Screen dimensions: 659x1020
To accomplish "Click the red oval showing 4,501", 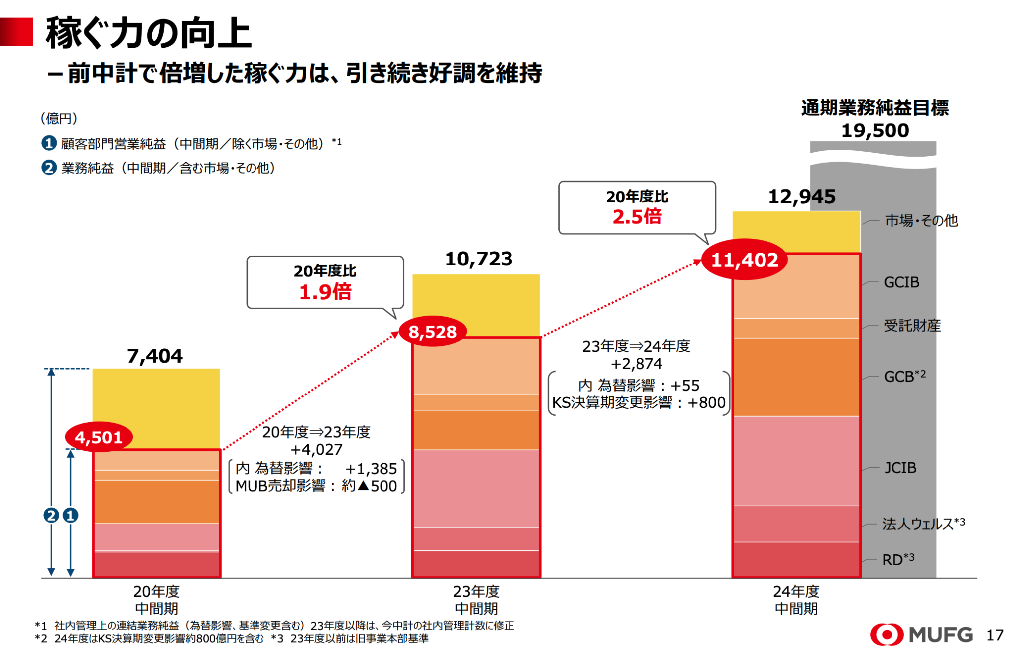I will tap(99, 437).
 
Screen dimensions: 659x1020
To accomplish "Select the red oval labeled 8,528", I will tap(432, 332).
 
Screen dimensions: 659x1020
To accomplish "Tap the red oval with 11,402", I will tap(744, 260).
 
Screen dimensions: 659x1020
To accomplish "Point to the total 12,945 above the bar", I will tap(801, 196).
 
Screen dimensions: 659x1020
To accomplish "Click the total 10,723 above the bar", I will tap(478, 259).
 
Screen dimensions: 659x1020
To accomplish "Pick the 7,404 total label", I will tap(155, 356).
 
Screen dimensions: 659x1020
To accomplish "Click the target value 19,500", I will tap(875, 131).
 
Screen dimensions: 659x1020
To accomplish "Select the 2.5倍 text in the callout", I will tap(637, 217).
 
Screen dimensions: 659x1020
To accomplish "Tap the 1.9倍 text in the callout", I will tap(325, 292).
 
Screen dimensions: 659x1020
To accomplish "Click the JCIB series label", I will tap(900, 468).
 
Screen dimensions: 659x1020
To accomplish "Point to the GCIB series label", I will tap(901, 282).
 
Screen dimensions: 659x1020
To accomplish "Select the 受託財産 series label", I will tap(912, 326).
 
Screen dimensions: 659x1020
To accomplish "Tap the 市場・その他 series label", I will tap(921, 220).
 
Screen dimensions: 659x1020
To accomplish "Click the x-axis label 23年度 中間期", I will tap(476, 600).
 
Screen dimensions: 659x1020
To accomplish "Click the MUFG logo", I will tap(921, 634).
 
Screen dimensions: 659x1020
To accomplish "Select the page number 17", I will tap(995, 635).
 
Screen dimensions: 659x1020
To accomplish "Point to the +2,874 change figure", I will tap(636, 364).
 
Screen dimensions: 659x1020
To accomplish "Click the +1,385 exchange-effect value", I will tap(371, 469).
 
